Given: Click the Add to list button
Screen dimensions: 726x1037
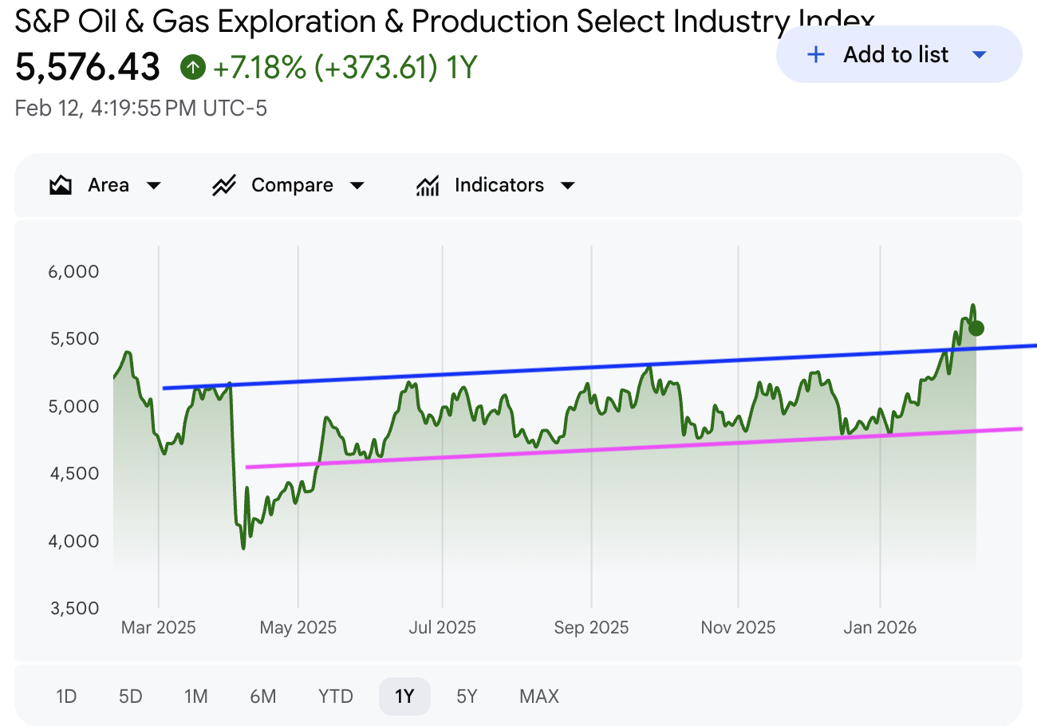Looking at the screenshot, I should click(x=897, y=55).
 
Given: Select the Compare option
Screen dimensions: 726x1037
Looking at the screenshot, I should click(x=288, y=186).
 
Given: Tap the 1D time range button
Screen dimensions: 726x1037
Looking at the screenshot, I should click(x=66, y=696).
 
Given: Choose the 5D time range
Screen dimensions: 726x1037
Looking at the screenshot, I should click(x=130, y=696).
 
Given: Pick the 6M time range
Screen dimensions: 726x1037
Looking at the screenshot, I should click(x=262, y=696).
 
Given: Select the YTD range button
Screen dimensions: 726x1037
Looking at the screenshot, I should click(x=335, y=696).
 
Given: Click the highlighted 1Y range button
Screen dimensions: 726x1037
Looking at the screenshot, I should click(x=404, y=696).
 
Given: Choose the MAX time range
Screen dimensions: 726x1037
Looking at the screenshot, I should click(x=539, y=696).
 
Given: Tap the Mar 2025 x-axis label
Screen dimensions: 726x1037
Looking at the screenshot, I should click(x=158, y=628).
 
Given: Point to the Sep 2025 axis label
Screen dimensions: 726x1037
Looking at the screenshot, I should click(x=591, y=628).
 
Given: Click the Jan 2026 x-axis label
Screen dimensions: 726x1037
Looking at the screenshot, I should click(x=880, y=628).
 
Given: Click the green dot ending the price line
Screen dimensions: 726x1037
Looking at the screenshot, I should click(x=976, y=328).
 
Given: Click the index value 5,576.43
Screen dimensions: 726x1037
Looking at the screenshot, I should click(x=88, y=68).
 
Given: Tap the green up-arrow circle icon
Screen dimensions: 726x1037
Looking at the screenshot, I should click(x=192, y=68).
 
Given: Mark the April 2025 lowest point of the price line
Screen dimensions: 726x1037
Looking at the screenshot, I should click(x=243, y=548).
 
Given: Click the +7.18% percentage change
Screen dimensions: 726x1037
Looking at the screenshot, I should click(x=260, y=68).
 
